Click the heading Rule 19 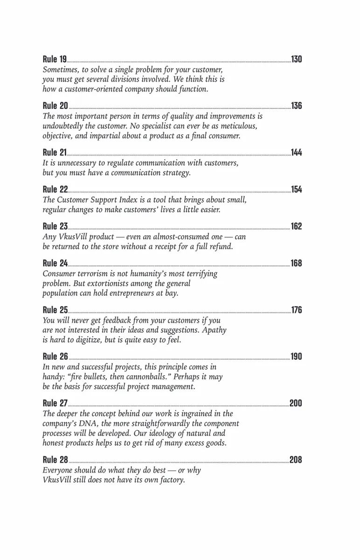point(55,59)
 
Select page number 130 point(297,59)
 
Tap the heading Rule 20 point(55,106)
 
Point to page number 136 point(297,106)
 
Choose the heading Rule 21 point(55,153)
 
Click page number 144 point(297,153)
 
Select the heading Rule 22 point(55,189)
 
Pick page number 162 point(297,226)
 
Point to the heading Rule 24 point(55,264)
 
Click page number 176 point(297,310)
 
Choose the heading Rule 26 point(55,357)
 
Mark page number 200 point(296,404)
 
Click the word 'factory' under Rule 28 point(169,480)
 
